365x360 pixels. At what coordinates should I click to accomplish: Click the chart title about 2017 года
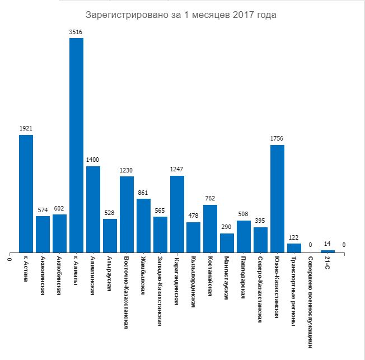pyautogui.click(x=181, y=15)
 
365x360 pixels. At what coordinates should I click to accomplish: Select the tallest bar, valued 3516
pyautogui.click(x=76, y=146)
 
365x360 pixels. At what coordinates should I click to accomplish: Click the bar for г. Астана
pyautogui.click(x=26, y=194)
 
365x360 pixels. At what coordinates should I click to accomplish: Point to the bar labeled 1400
pyautogui.click(x=93, y=209)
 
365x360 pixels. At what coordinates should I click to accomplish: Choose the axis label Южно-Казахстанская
pyautogui.click(x=277, y=287)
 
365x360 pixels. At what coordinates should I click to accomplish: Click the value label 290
pyautogui.click(x=227, y=227)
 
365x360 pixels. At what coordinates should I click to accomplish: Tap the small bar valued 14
pyautogui.click(x=327, y=251)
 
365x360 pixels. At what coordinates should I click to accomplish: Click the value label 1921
pyautogui.click(x=26, y=129)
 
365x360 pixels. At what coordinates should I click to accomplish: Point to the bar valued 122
pyautogui.click(x=294, y=248)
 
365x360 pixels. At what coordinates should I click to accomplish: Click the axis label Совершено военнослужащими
pyautogui.click(x=311, y=302)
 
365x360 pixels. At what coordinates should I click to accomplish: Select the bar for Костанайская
pyautogui.click(x=210, y=229)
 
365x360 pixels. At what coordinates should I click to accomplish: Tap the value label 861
pyautogui.click(x=143, y=193)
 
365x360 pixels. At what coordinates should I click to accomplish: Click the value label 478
pyautogui.click(x=193, y=216)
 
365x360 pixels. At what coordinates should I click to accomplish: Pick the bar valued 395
pyautogui.click(x=260, y=240)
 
